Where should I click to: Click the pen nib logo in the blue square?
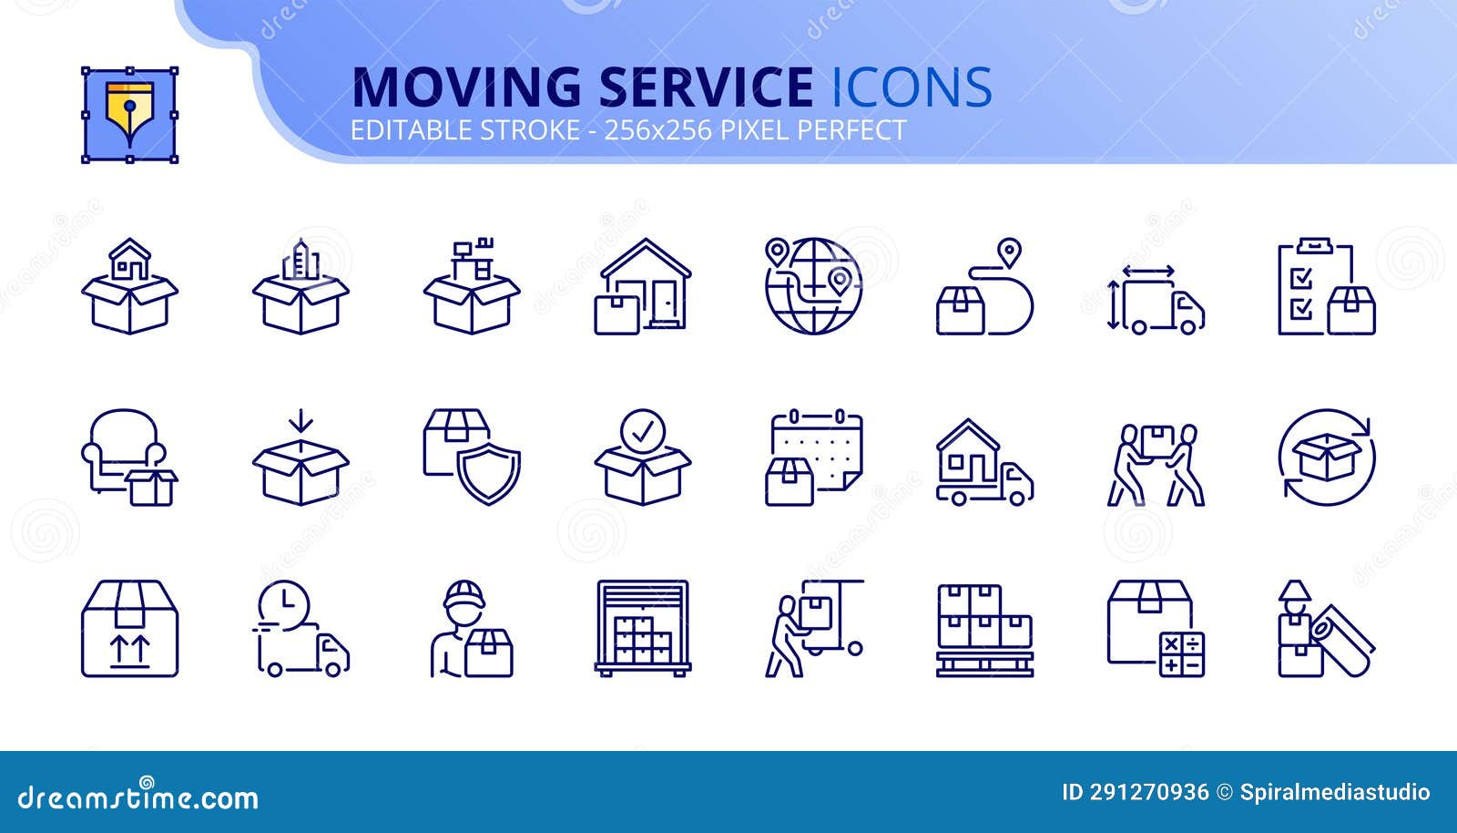point(129,115)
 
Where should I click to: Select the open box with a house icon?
point(129,286)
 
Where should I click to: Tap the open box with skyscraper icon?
point(301,286)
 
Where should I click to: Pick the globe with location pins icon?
point(813,286)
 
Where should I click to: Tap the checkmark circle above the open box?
point(642,432)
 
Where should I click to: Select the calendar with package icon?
point(813,458)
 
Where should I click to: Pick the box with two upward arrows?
point(129,629)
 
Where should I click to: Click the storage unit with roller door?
point(642,629)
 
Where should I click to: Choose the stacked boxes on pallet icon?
point(984,629)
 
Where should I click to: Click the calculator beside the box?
point(1182,654)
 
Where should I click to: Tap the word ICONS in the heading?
point(912,87)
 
